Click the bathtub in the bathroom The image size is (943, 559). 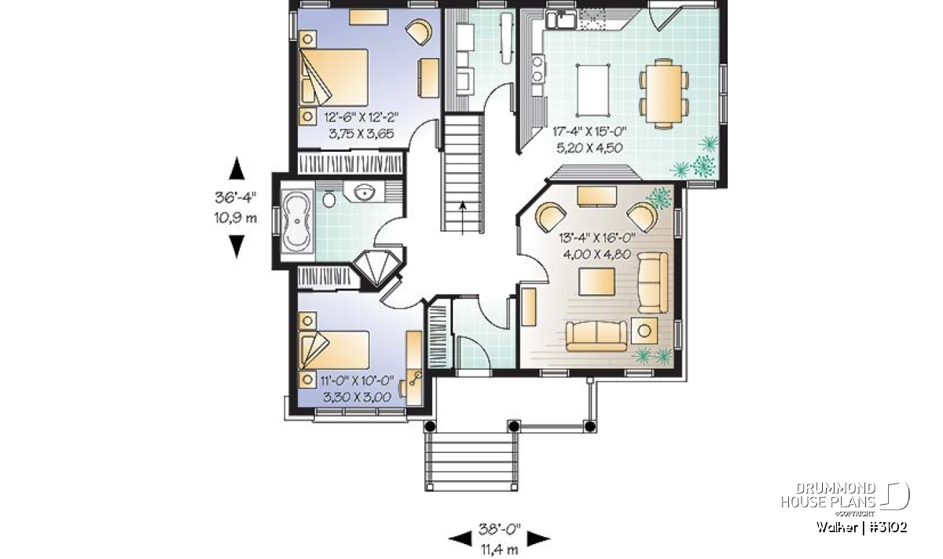[x=298, y=221]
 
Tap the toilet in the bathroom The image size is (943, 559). [x=329, y=199]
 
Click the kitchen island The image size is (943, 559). [x=593, y=90]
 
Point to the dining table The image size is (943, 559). [x=664, y=94]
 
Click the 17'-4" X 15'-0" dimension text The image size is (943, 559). [x=589, y=132]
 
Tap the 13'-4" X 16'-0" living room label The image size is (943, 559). [x=597, y=238]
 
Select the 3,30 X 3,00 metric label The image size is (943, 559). [x=357, y=397]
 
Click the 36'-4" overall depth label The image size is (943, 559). [x=235, y=197]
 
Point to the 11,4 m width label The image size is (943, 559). [x=499, y=550]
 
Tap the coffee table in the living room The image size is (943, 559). [x=596, y=281]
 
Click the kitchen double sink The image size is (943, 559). [x=561, y=19]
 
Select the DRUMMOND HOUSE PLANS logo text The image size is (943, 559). [x=828, y=495]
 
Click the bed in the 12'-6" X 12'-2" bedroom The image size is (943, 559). [x=333, y=78]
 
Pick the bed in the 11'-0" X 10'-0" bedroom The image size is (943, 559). [x=334, y=350]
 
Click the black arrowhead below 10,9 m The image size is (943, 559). [x=237, y=246]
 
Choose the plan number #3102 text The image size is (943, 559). [x=888, y=528]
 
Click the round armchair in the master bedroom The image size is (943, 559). [x=420, y=31]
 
